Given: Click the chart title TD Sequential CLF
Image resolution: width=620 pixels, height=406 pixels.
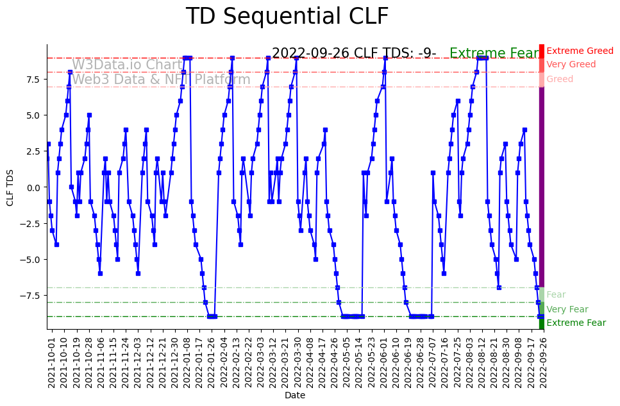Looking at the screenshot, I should point(287,17).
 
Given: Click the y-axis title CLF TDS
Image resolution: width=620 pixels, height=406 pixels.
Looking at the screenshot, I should point(10,187).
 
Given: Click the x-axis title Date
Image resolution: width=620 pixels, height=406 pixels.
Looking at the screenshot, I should point(295,396).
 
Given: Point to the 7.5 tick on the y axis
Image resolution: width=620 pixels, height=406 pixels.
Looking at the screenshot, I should point(33,80).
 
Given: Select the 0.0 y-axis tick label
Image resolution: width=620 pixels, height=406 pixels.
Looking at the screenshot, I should point(33,187).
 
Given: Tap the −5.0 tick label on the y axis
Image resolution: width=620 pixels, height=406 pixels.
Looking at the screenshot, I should point(31,260).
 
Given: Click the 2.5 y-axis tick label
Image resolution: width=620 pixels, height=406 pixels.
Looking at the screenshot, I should point(33,151).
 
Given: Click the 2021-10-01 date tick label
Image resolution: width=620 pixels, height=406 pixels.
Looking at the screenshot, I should point(51,362).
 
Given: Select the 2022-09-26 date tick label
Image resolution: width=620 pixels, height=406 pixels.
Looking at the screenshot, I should point(544,362).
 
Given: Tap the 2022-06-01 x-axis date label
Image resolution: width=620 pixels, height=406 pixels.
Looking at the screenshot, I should point(385,362).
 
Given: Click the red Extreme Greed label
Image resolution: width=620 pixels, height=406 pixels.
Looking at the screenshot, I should point(580,51).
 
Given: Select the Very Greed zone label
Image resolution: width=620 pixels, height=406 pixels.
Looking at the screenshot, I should point(571,65).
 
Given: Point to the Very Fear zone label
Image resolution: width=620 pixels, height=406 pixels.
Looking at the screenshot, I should point(567,309).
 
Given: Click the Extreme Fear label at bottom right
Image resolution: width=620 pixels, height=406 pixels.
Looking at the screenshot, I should point(576,323).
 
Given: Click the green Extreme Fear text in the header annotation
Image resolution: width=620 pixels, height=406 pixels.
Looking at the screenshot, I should point(494,54).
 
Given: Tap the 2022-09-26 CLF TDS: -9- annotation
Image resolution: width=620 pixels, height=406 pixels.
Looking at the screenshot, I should point(354,54).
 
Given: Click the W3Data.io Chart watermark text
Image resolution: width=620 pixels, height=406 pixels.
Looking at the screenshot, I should point(127,65).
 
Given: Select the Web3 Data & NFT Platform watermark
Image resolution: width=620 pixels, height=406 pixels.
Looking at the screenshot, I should point(161,80).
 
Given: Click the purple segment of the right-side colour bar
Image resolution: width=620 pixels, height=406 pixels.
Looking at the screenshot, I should point(542,186).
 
